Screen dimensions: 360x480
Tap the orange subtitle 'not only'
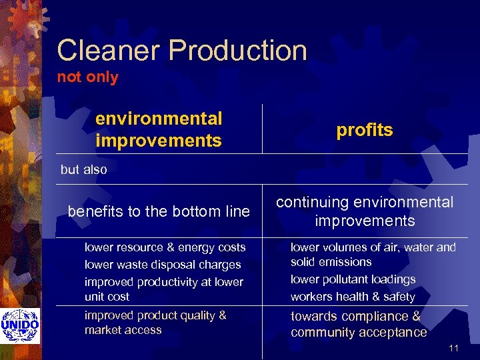(x=87, y=77)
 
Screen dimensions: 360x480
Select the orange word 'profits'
(x=365, y=130)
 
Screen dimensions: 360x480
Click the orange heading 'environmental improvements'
(x=159, y=129)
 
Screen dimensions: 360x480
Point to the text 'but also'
(x=83, y=169)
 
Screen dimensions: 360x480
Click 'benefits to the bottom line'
(x=159, y=211)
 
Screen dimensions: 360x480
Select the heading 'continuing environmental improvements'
(x=365, y=211)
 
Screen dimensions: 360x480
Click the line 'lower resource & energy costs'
(x=165, y=247)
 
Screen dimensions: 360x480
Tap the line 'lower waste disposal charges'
(x=163, y=265)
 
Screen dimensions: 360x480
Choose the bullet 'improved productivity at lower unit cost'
(x=163, y=289)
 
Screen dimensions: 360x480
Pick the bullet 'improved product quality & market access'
(x=155, y=323)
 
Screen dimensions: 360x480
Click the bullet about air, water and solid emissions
(x=373, y=255)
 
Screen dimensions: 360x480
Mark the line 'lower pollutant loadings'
(x=353, y=279)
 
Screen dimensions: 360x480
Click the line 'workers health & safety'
(x=353, y=297)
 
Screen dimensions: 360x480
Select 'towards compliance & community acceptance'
(x=359, y=324)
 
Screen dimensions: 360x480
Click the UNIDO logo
(x=20, y=325)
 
